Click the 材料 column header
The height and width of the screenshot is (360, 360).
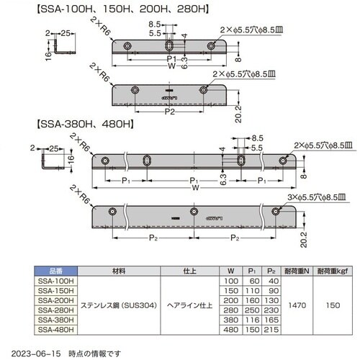[119, 272]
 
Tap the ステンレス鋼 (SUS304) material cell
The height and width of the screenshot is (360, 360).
[119, 306]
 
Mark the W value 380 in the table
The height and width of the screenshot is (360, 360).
[230, 320]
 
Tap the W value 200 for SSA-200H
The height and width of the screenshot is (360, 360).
[230, 301]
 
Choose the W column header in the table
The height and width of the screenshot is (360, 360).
[230, 272]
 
